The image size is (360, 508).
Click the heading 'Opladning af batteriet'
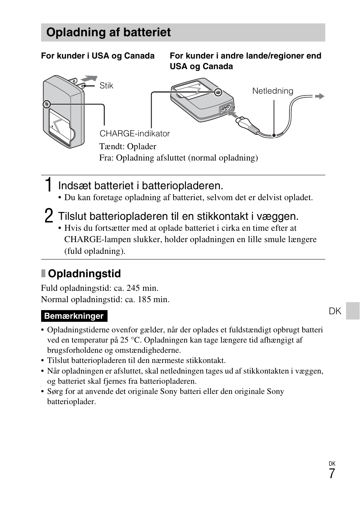click(x=108, y=32)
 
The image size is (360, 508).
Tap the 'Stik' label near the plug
click(x=106, y=86)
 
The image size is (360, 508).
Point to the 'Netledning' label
click(x=272, y=91)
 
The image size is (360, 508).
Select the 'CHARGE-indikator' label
click(x=134, y=134)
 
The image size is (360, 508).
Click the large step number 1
click(x=48, y=185)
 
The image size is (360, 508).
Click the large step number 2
click(x=48, y=216)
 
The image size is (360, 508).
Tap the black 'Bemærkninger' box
click(x=74, y=316)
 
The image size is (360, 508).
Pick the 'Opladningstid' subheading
click(x=84, y=274)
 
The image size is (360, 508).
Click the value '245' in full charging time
click(x=133, y=288)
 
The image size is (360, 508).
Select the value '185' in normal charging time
click(x=144, y=300)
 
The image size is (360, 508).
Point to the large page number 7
click(x=331, y=474)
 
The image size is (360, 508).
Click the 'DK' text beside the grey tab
click(x=335, y=311)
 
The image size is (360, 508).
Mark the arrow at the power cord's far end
click(x=320, y=96)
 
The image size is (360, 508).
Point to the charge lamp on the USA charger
click(x=46, y=104)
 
